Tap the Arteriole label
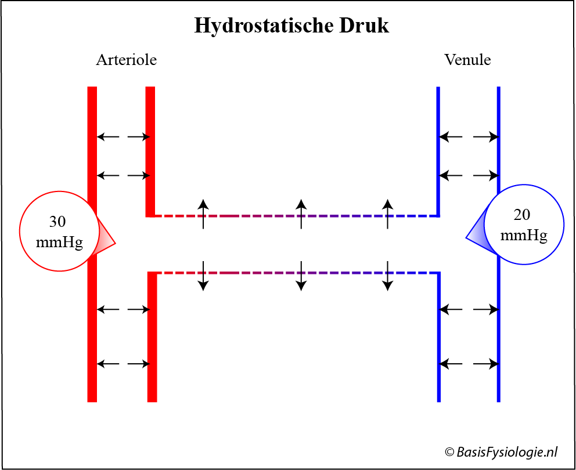tap(127, 60)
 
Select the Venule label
tap(467, 60)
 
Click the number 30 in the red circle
tap(57, 222)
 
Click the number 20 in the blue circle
tap(522, 215)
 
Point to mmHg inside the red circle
tap(59, 243)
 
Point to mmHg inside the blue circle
tap(524, 236)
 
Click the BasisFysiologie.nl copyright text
tap(501, 452)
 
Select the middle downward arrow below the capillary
tap(301, 276)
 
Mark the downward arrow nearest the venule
tap(387, 276)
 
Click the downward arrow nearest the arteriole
tap(203, 276)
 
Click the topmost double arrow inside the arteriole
tap(123, 137)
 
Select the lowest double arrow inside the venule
tap(469, 364)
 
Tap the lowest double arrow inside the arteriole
tap(123, 364)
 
